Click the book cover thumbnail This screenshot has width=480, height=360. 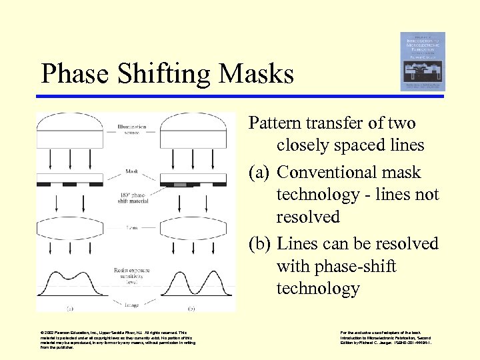click(x=423, y=61)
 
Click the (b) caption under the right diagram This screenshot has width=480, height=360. click(x=191, y=309)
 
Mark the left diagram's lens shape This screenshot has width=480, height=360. click(x=69, y=229)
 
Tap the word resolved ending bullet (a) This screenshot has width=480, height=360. click(x=309, y=217)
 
